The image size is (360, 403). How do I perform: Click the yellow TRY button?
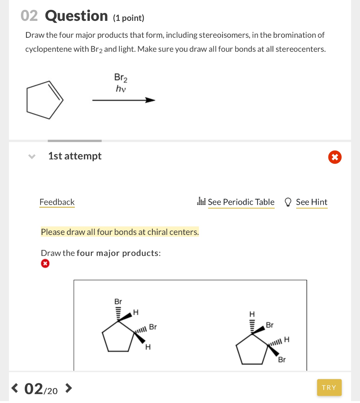click(x=329, y=388)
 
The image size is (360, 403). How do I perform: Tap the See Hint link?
click(x=311, y=202)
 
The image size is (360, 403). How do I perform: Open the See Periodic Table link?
click(x=241, y=202)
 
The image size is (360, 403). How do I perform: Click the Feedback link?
click(x=57, y=202)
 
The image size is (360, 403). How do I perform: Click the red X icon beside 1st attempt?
click(x=334, y=157)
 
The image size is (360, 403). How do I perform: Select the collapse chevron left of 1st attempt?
click(x=32, y=157)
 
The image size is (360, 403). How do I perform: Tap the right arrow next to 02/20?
click(x=68, y=388)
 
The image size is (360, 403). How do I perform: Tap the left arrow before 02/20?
click(x=15, y=388)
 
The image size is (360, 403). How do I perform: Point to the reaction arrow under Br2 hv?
click(x=124, y=100)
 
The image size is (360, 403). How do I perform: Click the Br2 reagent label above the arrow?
click(x=121, y=78)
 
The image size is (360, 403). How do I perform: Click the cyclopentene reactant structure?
click(x=45, y=100)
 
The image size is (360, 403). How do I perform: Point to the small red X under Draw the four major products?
click(x=45, y=264)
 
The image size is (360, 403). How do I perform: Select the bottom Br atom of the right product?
click(x=282, y=360)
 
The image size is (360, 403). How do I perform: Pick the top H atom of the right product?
click(x=252, y=314)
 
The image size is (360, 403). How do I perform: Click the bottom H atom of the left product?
click(x=148, y=347)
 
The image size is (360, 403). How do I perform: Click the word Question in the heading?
click(x=76, y=16)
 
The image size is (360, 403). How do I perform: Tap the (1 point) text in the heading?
click(x=129, y=18)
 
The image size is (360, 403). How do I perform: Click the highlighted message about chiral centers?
click(x=120, y=232)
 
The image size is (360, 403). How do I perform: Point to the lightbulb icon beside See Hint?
click(x=288, y=202)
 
